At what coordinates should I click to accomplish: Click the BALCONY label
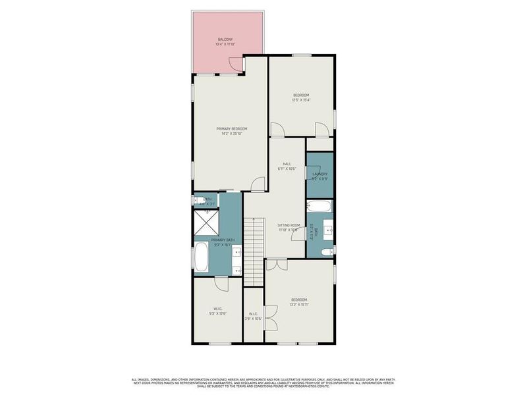point(225,40)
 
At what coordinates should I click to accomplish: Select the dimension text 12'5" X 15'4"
point(301,100)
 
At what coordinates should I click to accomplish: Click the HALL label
point(287,164)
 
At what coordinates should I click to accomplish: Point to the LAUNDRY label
point(319,174)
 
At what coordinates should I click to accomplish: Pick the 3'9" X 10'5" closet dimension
point(254,319)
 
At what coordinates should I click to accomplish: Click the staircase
point(254,247)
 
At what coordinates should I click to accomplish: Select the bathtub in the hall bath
point(319,207)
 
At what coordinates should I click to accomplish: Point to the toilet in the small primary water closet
point(198,199)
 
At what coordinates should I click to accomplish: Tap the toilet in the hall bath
point(324,251)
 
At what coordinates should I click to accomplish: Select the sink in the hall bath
point(327,230)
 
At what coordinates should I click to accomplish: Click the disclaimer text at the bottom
point(263,382)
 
